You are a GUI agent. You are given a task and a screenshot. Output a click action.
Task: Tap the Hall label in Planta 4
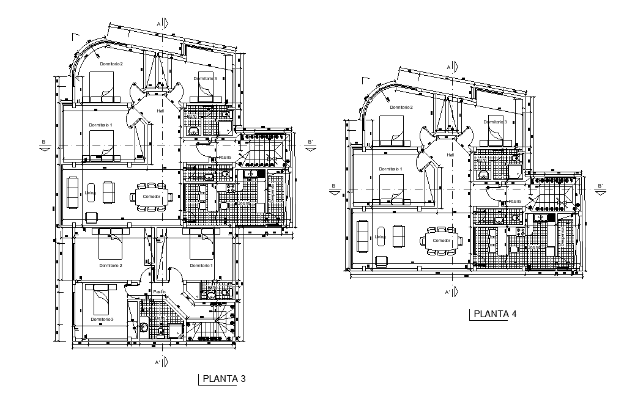pos(450,155)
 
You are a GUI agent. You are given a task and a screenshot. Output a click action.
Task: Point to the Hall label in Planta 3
pos(160,111)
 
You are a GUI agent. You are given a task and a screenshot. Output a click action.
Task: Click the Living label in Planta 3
pos(91,193)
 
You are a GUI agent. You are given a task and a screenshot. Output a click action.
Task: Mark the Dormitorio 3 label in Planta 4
pos(497,122)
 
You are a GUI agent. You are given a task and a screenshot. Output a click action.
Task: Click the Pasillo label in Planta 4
pos(514,201)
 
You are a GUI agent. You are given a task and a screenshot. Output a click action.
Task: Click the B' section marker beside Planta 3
pos(311,144)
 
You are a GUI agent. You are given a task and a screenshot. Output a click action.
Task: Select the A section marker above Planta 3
pos(159,23)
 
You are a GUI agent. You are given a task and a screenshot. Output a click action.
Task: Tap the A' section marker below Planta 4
pos(448,293)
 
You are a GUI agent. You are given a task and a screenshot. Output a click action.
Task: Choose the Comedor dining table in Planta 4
pos(442,240)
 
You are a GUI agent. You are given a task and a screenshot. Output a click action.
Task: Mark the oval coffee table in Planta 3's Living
pos(91,192)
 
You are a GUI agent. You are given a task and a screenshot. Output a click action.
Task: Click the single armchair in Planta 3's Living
pos(92,216)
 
